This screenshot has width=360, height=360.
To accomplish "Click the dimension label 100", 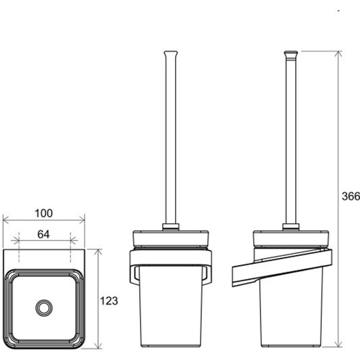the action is (x=44, y=213).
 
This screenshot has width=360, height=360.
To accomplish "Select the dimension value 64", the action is (x=44, y=234).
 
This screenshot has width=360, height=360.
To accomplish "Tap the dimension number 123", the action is (x=109, y=301).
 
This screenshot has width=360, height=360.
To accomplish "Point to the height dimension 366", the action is (x=351, y=196).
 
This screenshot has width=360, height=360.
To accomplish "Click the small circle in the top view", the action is (x=44, y=308).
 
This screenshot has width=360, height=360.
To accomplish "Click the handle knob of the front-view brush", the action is (x=171, y=54).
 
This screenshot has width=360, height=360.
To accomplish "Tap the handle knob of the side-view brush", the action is (x=291, y=54).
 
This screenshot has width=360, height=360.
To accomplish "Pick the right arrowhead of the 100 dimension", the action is (x=82, y=220).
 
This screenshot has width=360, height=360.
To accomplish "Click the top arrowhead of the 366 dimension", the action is (x=338, y=54).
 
